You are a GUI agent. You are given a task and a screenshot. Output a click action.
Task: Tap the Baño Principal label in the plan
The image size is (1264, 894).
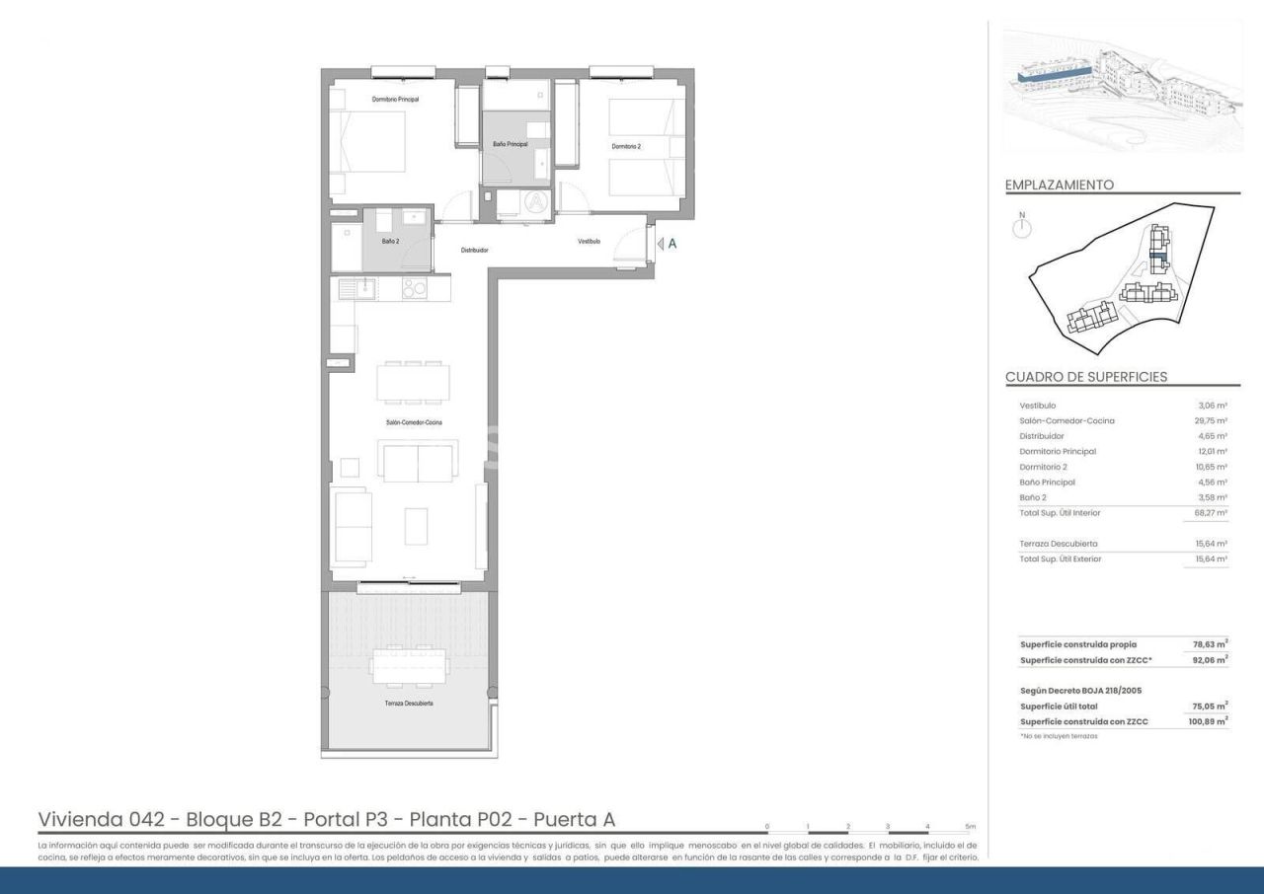pos(511,144)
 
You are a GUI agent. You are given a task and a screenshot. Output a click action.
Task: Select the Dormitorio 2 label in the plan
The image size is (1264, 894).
pos(625,146)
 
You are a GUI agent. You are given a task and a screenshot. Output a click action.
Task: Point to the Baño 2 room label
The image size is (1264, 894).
pos(390,241)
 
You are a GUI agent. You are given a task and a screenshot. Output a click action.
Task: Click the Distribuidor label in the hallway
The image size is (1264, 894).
pos(474,250)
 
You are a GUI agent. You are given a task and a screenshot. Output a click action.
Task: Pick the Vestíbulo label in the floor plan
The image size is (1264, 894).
pos(589,241)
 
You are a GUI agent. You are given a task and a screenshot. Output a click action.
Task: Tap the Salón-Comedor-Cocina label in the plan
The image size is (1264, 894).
pos(414,422)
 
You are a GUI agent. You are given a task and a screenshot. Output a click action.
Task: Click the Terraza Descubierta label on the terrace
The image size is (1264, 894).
pos(409,704)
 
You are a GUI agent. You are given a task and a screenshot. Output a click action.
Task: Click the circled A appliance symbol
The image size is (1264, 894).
pos(535,201)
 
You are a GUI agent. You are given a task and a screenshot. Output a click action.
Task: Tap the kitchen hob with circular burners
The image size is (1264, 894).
pos(414,288)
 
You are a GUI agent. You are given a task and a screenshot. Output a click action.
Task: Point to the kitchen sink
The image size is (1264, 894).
pos(355,288)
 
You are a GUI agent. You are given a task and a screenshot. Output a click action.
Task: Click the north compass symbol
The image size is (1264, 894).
pos(1022,228)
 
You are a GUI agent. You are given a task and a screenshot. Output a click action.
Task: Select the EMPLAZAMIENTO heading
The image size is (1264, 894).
pos(1059,185)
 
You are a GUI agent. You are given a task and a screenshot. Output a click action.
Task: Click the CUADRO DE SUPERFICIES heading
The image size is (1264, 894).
pos(1086,377)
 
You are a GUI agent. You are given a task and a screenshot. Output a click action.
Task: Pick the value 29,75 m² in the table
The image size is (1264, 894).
pos(1211,420)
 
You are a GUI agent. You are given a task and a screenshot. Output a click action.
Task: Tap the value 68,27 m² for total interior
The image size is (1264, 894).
pos(1211,513)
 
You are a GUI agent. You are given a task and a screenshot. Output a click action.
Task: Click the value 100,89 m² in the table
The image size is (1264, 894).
pos(1208,721)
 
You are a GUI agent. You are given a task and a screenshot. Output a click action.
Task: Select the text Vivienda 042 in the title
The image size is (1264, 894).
pos(95,819)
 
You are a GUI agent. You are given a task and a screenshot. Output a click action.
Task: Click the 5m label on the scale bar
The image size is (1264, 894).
pos(970,826)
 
